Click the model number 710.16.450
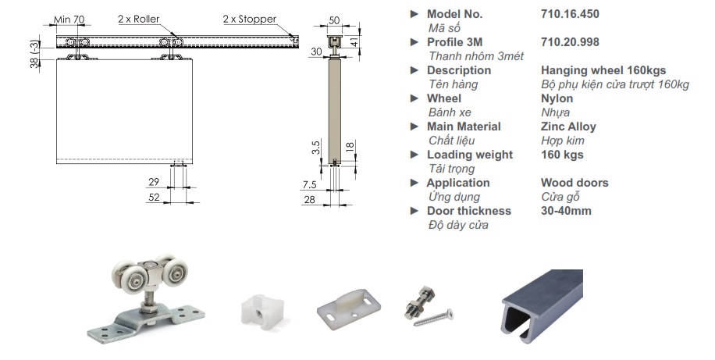(569, 14)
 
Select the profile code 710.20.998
(569, 42)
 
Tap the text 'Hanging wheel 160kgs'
(603, 70)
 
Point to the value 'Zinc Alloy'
(567, 127)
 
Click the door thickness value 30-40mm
(566, 211)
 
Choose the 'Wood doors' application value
(574, 183)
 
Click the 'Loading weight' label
(469, 155)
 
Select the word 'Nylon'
(557, 98)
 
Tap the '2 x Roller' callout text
(137, 19)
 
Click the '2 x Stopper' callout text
(249, 19)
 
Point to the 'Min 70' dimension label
(70, 19)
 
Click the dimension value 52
(155, 198)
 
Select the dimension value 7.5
(310, 185)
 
